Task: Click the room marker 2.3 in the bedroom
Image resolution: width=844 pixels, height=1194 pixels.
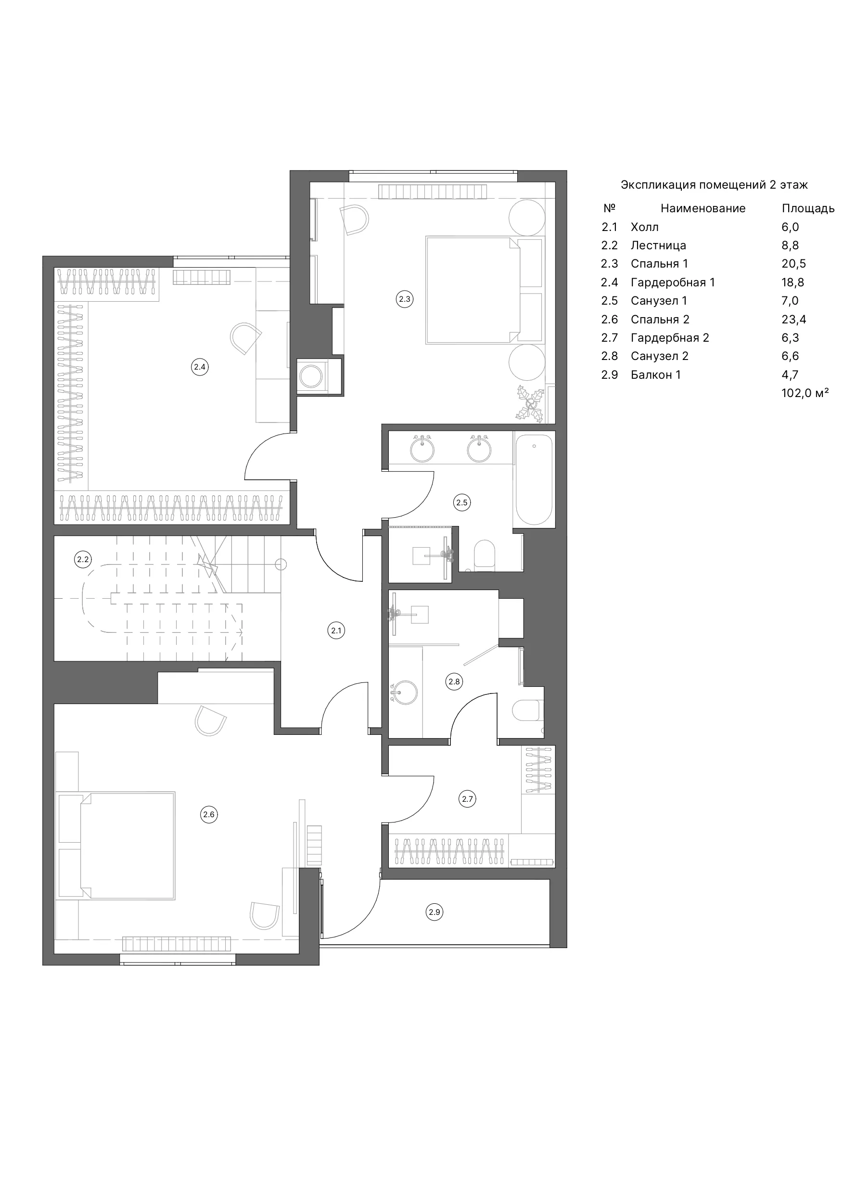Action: click(x=404, y=299)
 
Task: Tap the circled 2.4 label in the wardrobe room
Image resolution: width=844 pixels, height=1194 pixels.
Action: click(x=200, y=367)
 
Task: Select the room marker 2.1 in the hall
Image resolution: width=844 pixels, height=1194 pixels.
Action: click(x=336, y=631)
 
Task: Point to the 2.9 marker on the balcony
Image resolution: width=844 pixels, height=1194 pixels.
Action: click(x=434, y=912)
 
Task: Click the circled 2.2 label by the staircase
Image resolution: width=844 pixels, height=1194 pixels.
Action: click(x=83, y=560)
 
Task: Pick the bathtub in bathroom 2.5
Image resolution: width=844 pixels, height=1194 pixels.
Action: click(x=534, y=480)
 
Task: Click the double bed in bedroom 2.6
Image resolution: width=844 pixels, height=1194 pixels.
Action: click(x=115, y=846)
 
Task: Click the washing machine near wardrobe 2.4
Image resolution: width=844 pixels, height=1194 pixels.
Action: click(x=311, y=376)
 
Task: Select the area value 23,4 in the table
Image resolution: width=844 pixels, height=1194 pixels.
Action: click(x=793, y=319)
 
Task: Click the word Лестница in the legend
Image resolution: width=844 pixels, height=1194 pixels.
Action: click(x=658, y=245)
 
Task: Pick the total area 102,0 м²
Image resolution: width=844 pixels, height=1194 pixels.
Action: click(x=805, y=393)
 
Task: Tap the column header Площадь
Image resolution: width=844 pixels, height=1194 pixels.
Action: click(x=808, y=208)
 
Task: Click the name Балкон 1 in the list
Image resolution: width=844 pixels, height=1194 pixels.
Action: click(x=656, y=375)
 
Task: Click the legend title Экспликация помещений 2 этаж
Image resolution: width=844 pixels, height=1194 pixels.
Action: click(x=714, y=185)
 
